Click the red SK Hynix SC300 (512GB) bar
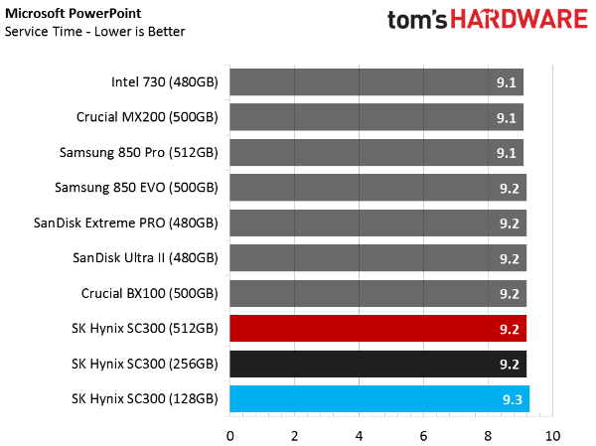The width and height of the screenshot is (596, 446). (377, 328)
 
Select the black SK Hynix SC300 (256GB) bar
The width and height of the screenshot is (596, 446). (377, 364)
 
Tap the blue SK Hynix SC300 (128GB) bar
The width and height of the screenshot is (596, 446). (379, 399)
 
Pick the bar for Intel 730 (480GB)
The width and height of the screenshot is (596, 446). (376, 82)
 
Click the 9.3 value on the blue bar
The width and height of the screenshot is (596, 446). (512, 399)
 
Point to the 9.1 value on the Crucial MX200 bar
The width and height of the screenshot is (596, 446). (506, 118)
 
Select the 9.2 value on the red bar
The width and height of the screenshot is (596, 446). (509, 329)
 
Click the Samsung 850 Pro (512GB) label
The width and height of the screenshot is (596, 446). (139, 153)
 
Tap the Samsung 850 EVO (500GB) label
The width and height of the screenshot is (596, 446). (136, 188)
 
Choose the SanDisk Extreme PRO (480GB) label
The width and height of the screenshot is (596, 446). (126, 223)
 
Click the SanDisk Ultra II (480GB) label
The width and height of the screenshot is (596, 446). (146, 258)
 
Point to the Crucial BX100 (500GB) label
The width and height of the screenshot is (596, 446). (150, 294)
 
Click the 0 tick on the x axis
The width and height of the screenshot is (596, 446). (230, 436)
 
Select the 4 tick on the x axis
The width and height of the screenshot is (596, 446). (359, 436)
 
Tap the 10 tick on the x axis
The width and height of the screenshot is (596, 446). (552, 436)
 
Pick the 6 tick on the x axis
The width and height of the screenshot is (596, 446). (423, 436)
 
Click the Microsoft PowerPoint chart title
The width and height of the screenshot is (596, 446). (73, 14)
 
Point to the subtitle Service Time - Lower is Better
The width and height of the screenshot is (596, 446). (95, 32)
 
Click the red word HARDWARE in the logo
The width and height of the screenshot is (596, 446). (520, 20)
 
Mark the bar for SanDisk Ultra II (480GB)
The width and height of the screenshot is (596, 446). (377, 258)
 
